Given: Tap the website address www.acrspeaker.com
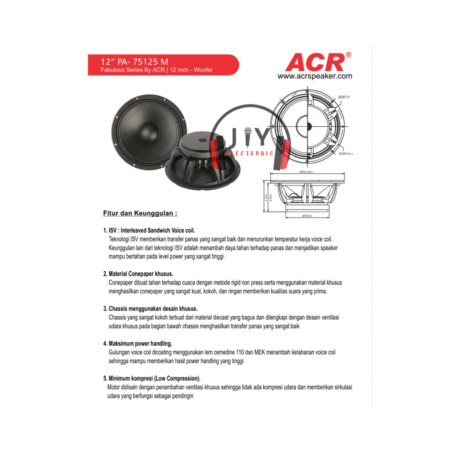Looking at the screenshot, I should (x=315, y=76).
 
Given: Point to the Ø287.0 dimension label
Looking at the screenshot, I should (x=344, y=97).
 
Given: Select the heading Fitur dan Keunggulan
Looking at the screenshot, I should (x=140, y=213).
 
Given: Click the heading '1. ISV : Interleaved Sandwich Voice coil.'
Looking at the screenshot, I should (x=149, y=231).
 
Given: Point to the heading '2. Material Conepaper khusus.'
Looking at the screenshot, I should (x=138, y=274).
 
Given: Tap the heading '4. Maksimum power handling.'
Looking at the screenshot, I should (x=137, y=343).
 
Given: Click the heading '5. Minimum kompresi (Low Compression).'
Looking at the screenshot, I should (x=152, y=378).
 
